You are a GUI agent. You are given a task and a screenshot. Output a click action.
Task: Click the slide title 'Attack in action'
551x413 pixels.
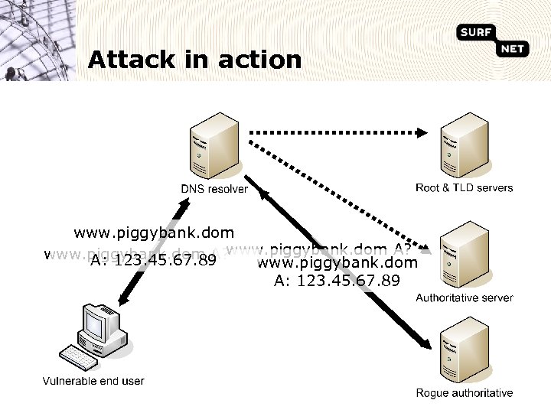194,60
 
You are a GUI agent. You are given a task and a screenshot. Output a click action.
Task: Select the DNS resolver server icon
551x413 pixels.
214,145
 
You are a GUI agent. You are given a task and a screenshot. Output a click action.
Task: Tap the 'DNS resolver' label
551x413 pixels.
214,189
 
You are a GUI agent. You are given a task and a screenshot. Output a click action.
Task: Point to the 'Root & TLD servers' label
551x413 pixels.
465,187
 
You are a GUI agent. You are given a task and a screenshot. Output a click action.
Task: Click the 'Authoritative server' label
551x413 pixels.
465,298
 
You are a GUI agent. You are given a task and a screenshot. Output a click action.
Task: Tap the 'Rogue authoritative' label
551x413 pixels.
465,393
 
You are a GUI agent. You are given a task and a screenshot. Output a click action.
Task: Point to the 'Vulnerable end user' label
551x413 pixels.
93,380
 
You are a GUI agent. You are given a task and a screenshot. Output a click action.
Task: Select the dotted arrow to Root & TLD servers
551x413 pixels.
337,132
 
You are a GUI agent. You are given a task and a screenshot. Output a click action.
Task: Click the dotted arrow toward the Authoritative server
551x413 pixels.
337,191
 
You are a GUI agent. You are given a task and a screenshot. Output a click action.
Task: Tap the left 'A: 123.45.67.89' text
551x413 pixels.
152,261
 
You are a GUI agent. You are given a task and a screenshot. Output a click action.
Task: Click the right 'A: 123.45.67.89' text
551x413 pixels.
337,281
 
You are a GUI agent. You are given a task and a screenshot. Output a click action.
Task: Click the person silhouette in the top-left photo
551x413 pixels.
12,72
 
